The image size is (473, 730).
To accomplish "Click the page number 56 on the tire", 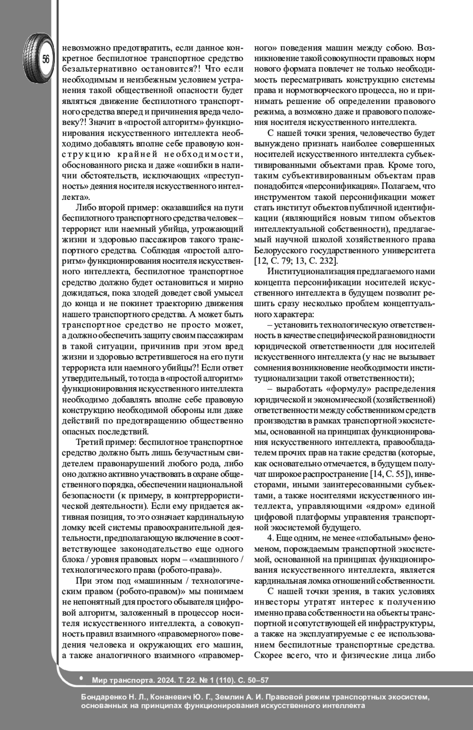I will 46,60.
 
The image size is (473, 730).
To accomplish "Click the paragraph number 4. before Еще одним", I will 270,538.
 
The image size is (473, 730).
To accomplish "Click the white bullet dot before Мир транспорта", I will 81,678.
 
